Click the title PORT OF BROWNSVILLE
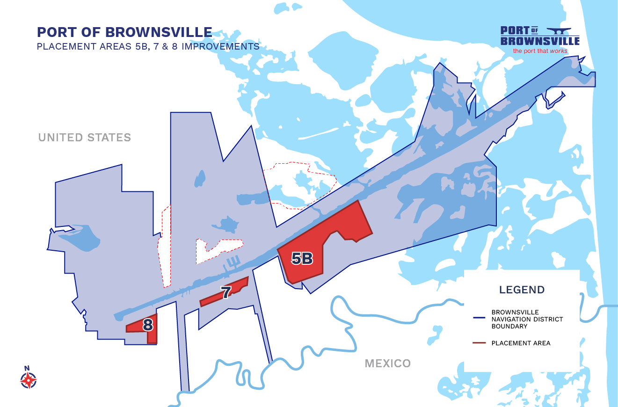[124, 32]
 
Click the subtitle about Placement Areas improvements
[148, 47]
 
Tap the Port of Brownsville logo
[540, 36]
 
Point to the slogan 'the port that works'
[540, 51]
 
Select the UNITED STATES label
[85, 138]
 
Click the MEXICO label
[387, 363]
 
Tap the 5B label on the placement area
[302, 258]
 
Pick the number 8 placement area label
[148, 325]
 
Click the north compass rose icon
[28, 380]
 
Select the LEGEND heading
[522, 290]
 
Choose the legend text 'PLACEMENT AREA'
[521, 343]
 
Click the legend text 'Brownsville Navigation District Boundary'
[527, 319]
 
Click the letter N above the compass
[27, 368]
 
